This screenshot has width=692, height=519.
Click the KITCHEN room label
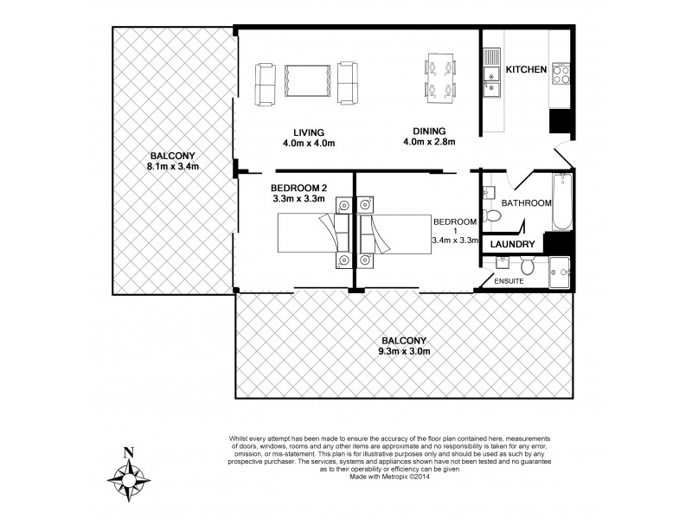coord(526,70)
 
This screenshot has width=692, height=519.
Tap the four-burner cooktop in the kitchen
coord(560,74)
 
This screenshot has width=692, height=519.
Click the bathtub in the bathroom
coord(562,202)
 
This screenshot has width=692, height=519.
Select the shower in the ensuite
coord(560,269)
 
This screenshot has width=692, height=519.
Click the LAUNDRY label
coord(510,246)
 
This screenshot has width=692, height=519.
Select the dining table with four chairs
coord(434,78)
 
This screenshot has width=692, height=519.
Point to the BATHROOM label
coord(527,203)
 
